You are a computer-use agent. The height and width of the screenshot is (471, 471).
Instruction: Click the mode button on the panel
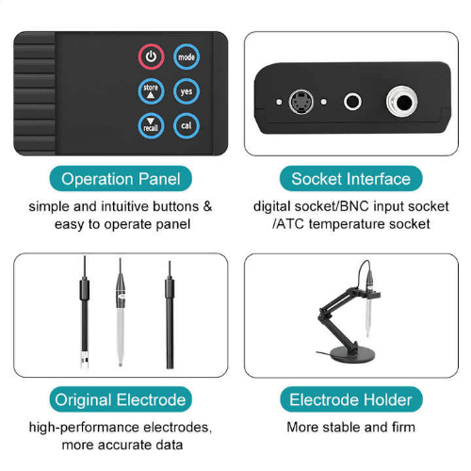click(x=187, y=57)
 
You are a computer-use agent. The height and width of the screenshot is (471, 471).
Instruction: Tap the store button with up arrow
click(x=151, y=91)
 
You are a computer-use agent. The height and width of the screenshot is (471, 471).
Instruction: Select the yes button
click(x=187, y=91)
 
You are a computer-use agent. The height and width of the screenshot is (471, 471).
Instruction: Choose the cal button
click(x=187, y=125)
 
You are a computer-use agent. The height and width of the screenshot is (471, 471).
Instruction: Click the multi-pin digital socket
click(x=301, y=102)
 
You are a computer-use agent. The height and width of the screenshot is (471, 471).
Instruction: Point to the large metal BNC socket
click(x=402, y=102)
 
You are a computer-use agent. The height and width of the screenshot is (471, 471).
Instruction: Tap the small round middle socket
click(x=352, y=102)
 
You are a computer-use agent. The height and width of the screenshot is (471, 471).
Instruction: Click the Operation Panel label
click(x=121, y=179)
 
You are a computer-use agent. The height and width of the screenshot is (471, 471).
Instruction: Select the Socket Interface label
click(x=351, y=179)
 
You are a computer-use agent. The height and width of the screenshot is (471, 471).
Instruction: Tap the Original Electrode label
click(x=121, y=399)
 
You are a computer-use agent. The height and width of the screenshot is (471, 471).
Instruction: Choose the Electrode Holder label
click(x=351, y=399)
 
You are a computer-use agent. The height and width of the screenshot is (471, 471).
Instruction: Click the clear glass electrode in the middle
click(x=121, y=313)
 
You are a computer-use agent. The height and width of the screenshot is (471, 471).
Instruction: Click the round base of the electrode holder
click(x=355, y=354)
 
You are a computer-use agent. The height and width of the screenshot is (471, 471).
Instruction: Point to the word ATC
click(x=290, y=224)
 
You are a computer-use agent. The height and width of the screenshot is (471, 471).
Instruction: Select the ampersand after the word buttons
click(x=207, y=206)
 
